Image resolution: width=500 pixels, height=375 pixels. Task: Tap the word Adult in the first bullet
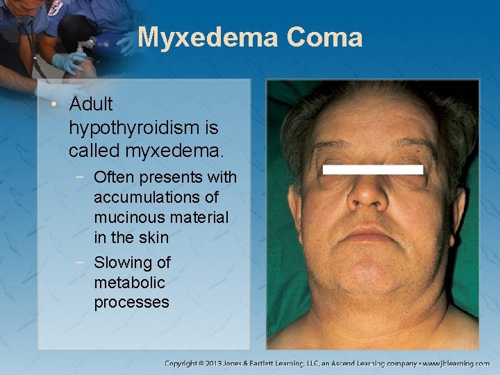pos(90,104)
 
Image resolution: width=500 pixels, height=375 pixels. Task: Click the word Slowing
pos(132,262)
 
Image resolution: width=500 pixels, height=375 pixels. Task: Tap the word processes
pos(131,303)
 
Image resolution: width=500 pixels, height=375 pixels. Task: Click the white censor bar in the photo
pos(373,169)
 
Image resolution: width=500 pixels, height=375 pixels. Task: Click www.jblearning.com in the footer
pos(456,363)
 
